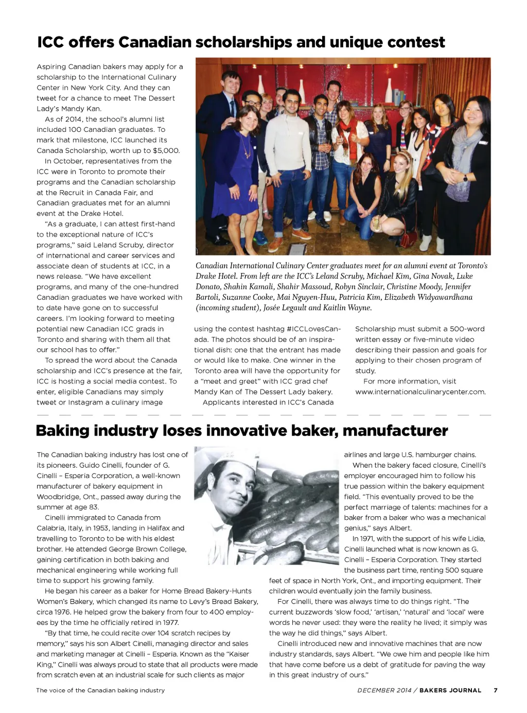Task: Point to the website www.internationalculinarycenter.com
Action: tap(420, 392)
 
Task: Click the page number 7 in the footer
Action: tap(496, 690)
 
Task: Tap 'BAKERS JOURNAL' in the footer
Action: tap(450, 690)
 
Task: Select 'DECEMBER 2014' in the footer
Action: tap(384, 690)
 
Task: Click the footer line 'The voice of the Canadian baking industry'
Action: tap(101, 690)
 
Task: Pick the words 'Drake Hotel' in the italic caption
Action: tap(216, 276)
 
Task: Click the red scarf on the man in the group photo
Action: tap(346, 131)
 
